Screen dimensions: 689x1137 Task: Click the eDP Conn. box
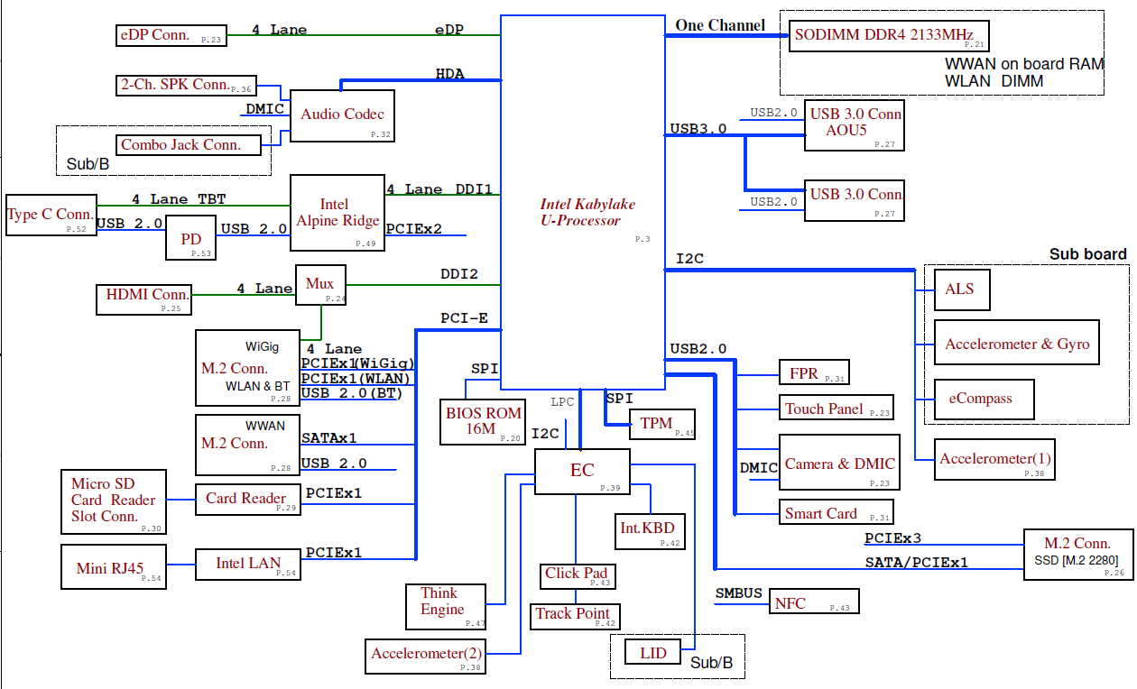point(171,35)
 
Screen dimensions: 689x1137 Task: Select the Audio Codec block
point(342,115)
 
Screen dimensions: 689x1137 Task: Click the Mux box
point(321,285)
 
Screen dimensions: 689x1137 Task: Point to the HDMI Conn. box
point(144,299)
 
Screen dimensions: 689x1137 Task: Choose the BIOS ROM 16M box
point(483,421)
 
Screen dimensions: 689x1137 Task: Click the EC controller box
point(581,472)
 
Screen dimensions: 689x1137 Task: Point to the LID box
point(653,653)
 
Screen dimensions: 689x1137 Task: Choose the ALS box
point(961,289)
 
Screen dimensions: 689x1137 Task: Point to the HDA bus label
point(449,74)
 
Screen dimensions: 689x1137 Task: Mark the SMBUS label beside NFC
point(739,593)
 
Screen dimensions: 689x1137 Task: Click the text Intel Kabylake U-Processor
point(587,212)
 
